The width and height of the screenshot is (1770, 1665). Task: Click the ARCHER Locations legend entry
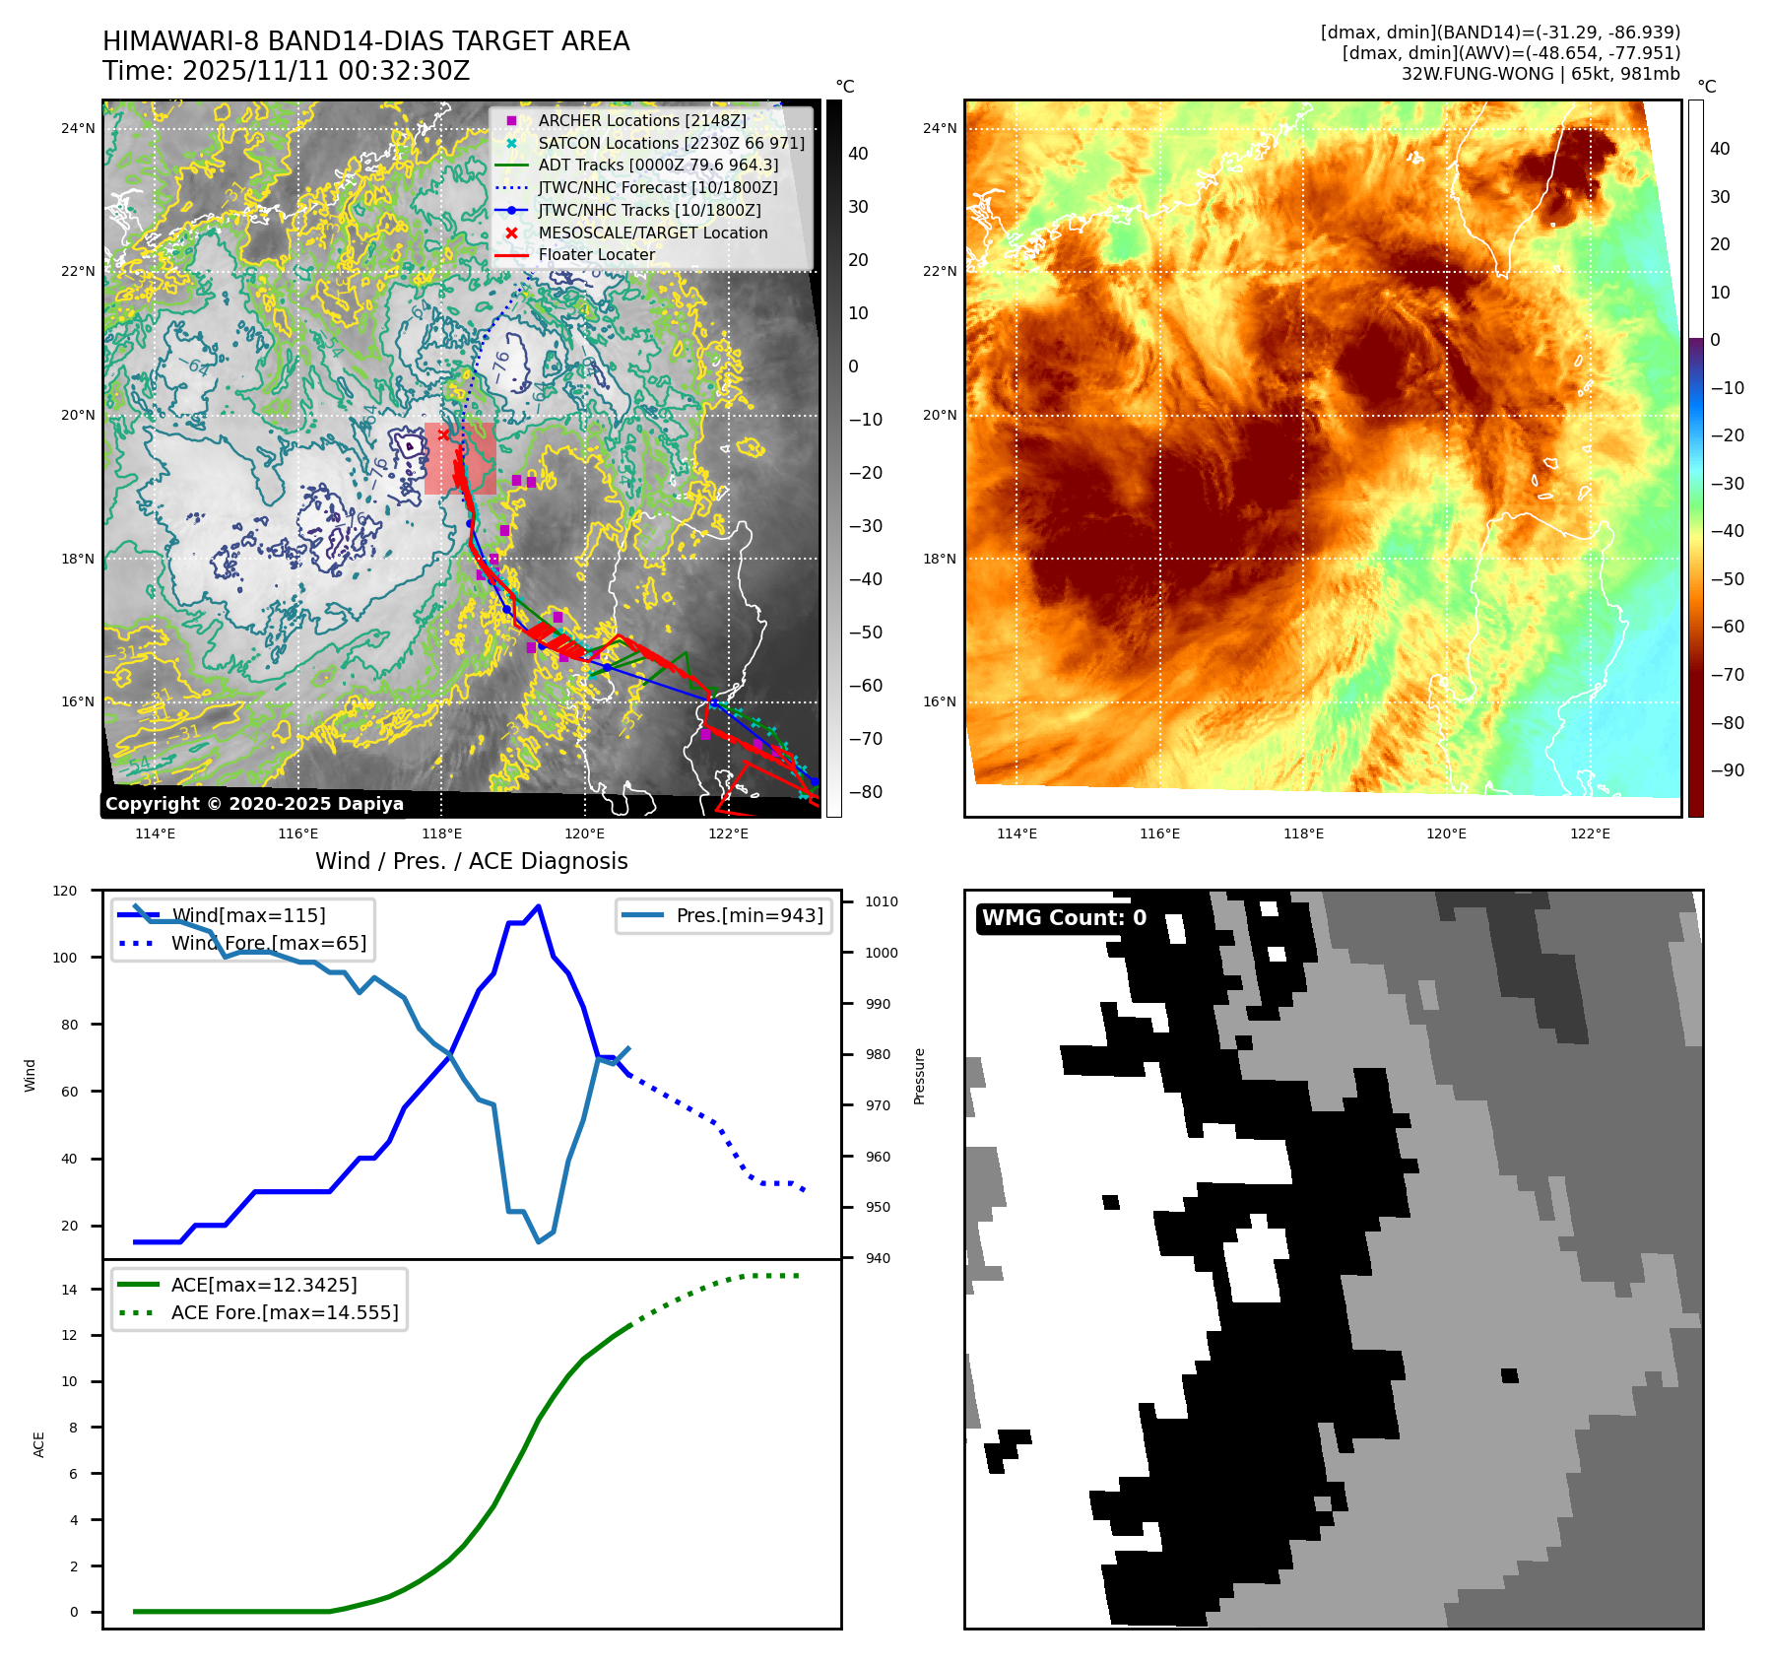(641, 120)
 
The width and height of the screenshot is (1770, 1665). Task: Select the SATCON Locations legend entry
(670, 143)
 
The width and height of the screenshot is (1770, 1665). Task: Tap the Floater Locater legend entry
(596, 254)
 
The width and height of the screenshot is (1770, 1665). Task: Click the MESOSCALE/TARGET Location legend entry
(652, 233)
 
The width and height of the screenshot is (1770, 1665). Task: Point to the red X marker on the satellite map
(443, 434)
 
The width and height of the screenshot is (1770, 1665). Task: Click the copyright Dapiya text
(254, 804)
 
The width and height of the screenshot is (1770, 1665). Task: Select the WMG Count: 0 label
(1064, 918)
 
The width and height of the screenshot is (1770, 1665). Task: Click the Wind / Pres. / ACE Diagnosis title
(471, 861)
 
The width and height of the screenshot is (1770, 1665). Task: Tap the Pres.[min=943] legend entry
(749, 915)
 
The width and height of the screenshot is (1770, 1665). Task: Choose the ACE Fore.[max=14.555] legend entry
(284, 1312)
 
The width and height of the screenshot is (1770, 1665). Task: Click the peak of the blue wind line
(538, 905)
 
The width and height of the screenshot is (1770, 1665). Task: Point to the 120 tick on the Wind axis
(65, 891)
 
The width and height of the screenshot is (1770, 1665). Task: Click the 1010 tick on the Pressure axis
(881, 901)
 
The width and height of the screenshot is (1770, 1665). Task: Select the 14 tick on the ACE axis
(70, 1289)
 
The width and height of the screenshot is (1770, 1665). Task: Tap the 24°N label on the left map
(78, 128)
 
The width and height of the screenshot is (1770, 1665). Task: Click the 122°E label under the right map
(1590, 833)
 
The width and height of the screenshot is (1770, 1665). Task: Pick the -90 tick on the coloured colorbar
(1727, 770)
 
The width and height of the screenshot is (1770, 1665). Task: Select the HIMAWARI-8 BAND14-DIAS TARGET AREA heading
(365, 41)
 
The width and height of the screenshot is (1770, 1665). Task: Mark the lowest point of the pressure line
(538, 1241)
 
